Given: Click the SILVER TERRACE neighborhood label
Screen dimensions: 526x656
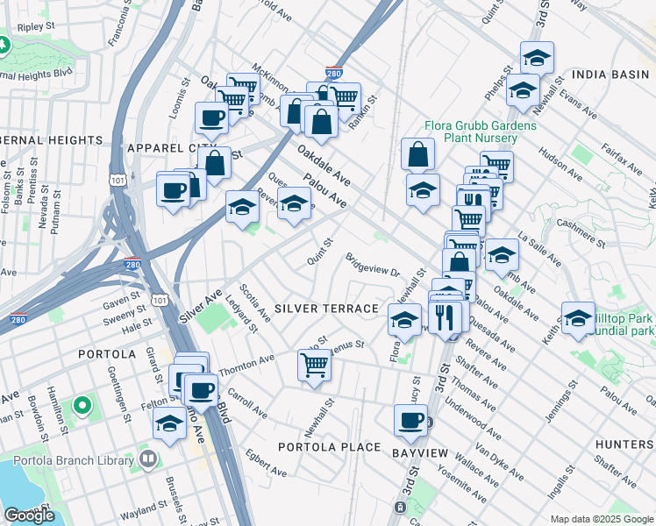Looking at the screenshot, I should coord(325,309).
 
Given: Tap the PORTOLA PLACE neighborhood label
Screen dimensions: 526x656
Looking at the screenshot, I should coord(329,447).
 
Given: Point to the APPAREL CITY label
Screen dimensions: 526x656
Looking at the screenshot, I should coord(171,148).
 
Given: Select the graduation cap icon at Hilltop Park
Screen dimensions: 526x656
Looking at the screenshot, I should coord(578,320).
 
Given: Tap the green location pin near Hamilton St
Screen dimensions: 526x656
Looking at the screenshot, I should coord(82,406).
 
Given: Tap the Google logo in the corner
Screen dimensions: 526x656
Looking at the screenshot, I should coord(29,515).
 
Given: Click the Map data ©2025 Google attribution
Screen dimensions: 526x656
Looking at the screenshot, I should coord(601,519).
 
